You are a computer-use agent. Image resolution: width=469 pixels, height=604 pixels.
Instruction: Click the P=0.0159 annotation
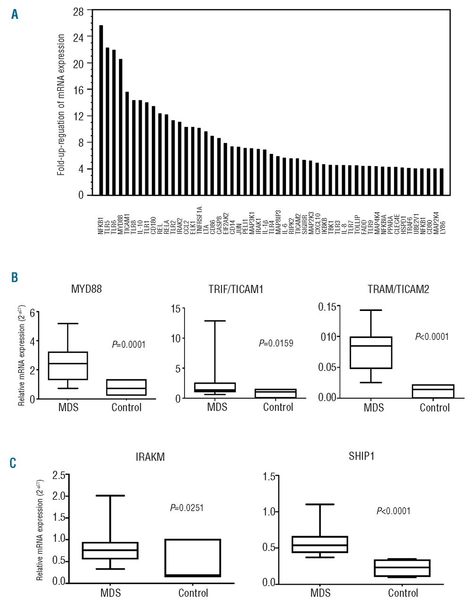coord(276,344)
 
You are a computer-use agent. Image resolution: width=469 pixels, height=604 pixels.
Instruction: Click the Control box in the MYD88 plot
coord(126,387)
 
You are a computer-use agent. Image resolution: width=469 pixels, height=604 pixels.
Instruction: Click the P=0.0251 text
coord(187,508)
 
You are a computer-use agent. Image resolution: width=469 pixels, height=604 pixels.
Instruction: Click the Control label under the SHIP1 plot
coord(403,593)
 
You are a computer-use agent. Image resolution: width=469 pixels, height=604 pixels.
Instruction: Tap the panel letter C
coord(13,463)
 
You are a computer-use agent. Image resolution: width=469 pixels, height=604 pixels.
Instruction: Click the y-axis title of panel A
coord(61,105)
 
